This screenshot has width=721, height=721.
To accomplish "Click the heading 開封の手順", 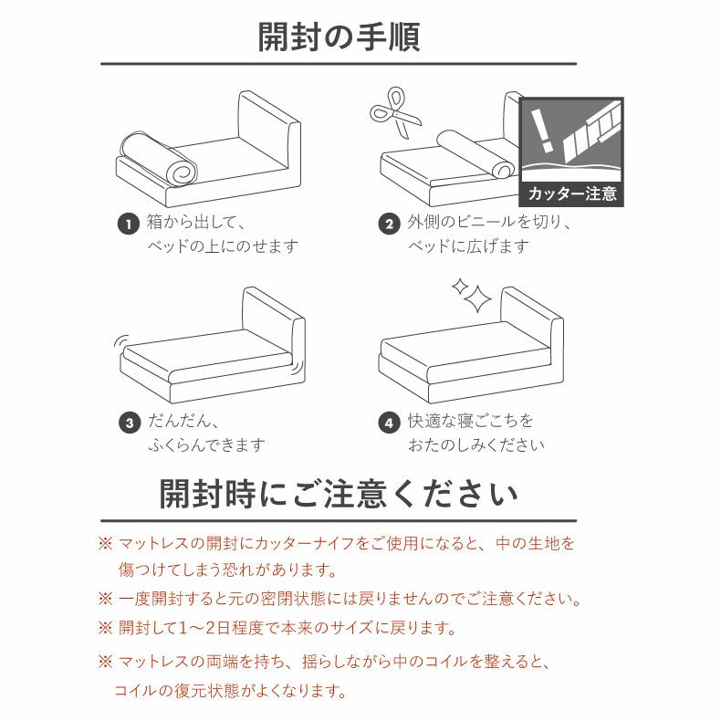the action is pos(339,37).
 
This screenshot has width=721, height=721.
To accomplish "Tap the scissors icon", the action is pos(394,112).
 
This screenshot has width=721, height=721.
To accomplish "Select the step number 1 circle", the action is pos(129,224).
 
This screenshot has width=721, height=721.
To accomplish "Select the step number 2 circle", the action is pos(389,224).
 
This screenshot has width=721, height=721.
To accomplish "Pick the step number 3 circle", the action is pos(130,423).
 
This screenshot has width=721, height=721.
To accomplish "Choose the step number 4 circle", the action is pos(389,423).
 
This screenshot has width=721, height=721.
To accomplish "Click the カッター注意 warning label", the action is pos(571,193).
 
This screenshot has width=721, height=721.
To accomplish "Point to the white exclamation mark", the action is pos(541,131).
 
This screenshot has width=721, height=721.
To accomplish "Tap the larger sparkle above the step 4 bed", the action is pos(477,298).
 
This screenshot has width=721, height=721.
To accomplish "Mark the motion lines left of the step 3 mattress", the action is pos(120,341).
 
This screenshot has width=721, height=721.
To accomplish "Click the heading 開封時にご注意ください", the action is pos(339,494).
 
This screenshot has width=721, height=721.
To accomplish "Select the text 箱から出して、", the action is pos(196,222).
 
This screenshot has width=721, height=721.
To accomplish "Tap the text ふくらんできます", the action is pos(206,444).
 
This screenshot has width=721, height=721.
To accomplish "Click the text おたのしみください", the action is pos(475,444).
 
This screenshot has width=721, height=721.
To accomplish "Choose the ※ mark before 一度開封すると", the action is pos(105,599).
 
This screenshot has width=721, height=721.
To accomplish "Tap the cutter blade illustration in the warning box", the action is pos(591,131).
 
